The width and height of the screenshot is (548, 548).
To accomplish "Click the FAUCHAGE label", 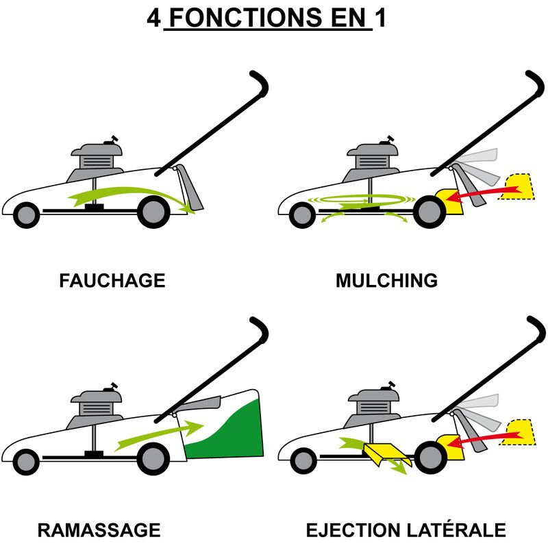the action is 112,281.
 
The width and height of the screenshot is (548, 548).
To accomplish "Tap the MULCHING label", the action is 386,281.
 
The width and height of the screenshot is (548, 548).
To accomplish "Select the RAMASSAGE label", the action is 99,530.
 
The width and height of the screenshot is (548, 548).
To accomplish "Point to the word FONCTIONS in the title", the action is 246,18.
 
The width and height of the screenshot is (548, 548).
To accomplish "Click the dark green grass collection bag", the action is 225,429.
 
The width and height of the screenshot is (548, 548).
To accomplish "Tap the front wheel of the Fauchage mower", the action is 26,215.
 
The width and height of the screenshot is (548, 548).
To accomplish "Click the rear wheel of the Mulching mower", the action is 429,212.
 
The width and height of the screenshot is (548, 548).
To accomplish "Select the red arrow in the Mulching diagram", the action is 484,194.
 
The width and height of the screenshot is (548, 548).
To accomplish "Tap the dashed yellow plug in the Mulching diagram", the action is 517,186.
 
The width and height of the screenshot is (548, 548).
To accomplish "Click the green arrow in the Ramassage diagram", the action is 159,435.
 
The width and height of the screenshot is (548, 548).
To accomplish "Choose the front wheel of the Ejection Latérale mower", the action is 303,461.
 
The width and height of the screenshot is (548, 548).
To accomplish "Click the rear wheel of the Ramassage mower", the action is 153,458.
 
